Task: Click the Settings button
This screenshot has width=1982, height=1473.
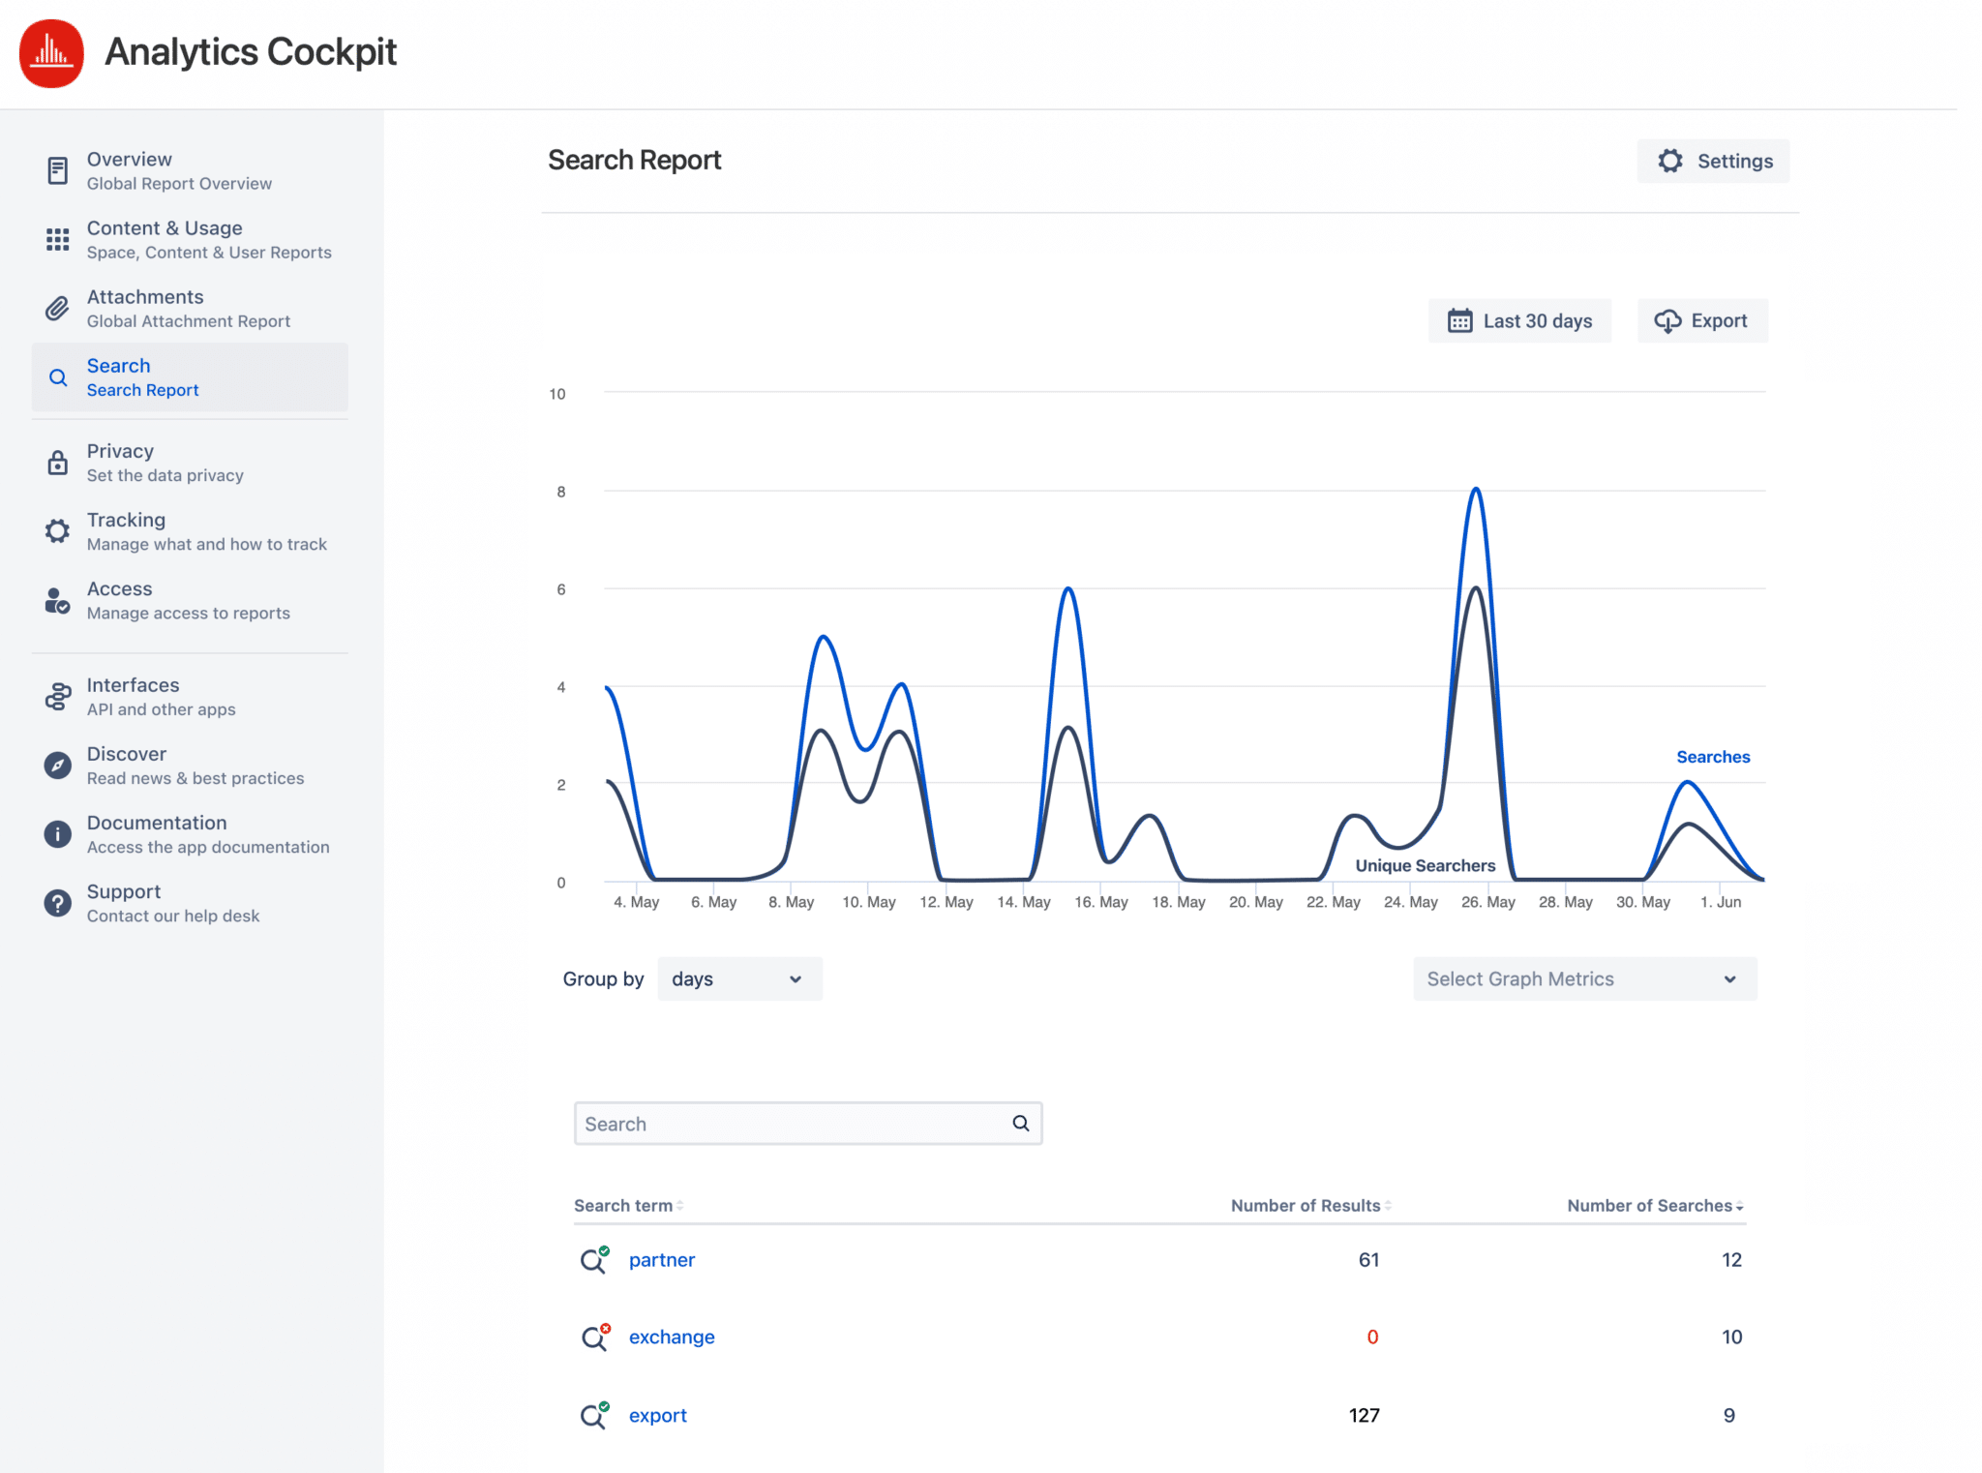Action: pyautogui.click(x=1713, y=161)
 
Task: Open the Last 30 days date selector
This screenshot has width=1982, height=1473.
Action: pyautogui.click(x=1519, y=320)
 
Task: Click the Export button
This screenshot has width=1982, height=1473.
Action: pyautogui.click(x=1702, y=320)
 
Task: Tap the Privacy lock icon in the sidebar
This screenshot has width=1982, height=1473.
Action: pyautogui.click(x=58, y=463)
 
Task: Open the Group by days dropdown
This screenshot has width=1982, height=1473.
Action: pyautogui.click(x=739, y=978)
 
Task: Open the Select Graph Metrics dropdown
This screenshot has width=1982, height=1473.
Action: pyautogui.click(x=1583, y=978)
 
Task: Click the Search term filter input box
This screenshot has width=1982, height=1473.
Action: pyautogui.click(x=794, y=1124)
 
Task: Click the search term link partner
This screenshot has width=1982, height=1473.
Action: pyautogui.click(x=662, y=1259)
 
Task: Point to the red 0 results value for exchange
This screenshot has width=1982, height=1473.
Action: pyautogui.click(x=1371, y=1337)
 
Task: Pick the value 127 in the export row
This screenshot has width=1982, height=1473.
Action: pyautogui.click(x=1364, y=1415)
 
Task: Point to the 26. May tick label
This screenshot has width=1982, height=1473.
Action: pyautogui.click(x=1487, y=902)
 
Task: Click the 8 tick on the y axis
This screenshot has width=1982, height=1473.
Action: pyautogui.click(x=560, y=492)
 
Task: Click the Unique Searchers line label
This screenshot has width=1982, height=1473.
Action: pyautogui.click(x=1425, y=865)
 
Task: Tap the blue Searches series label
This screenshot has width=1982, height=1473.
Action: pyautogui.click(x=1712, y=757)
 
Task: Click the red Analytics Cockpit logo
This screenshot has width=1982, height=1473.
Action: pyautogui.click(x=51, y=53)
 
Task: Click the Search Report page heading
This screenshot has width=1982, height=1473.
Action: pyautogui.click(x=634, y=160)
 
